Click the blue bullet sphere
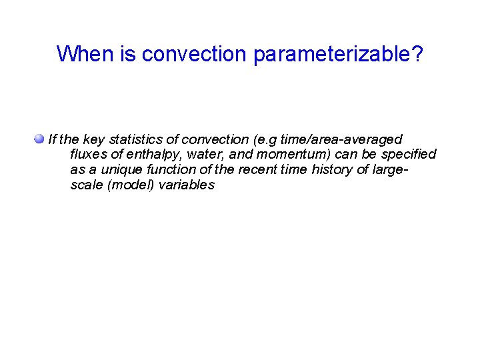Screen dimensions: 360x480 pos(40,139)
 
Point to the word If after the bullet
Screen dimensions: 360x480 pos(52,139)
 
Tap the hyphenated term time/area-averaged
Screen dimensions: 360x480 pos(342,139)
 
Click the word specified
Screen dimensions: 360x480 pos(408,155)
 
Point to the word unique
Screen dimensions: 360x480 pos(121,170)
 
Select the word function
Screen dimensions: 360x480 pos(169,170)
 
